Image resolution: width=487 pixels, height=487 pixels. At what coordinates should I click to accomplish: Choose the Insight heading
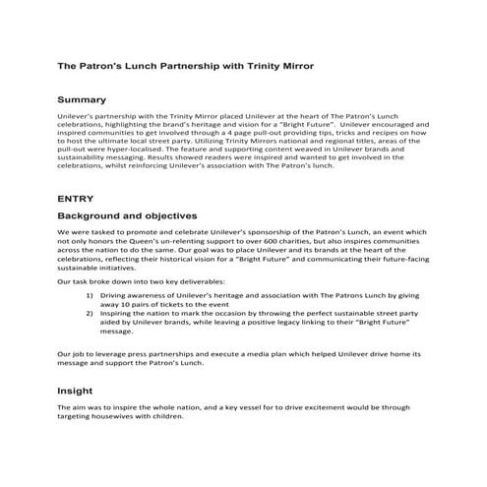pyautogui.click(x=75, y=390)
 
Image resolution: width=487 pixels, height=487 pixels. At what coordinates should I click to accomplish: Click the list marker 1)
pyautogui.click(x=90, y=295)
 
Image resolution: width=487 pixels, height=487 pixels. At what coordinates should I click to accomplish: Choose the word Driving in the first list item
pyautogui.click(x=116, y=295)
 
